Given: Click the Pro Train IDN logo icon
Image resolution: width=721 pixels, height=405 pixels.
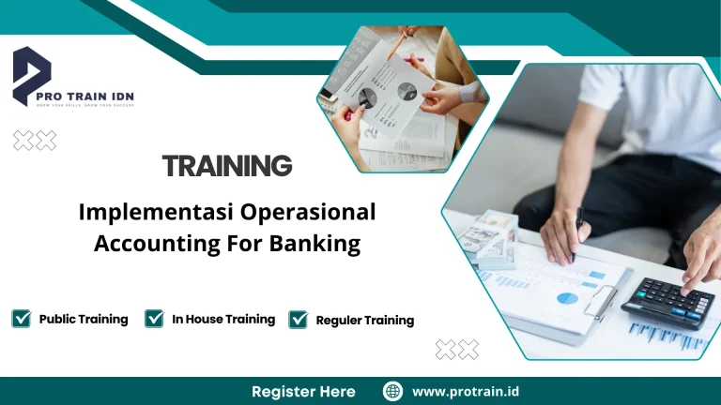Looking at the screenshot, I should pos(32,75).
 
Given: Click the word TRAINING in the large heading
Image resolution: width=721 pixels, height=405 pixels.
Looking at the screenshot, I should pos(227,167).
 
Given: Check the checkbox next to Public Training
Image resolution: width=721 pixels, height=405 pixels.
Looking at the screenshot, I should pos(22,319).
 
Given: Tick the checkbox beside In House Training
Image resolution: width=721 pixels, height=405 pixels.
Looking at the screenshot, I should pos(155,319).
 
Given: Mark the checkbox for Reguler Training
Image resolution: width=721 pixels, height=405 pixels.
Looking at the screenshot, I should pos(299,320).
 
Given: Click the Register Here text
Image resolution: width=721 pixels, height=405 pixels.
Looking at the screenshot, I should pos(303,391).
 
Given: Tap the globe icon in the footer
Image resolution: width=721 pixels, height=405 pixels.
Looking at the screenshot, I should pos(392,391).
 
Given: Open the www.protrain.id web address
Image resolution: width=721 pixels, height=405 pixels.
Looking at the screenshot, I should pos(467,391).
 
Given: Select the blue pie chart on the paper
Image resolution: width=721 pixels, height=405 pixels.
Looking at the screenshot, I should pos(566,298).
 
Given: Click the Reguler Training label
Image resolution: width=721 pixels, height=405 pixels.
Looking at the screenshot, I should pos(364,320).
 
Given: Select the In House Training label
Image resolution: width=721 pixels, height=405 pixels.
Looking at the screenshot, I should pos(223,319).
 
